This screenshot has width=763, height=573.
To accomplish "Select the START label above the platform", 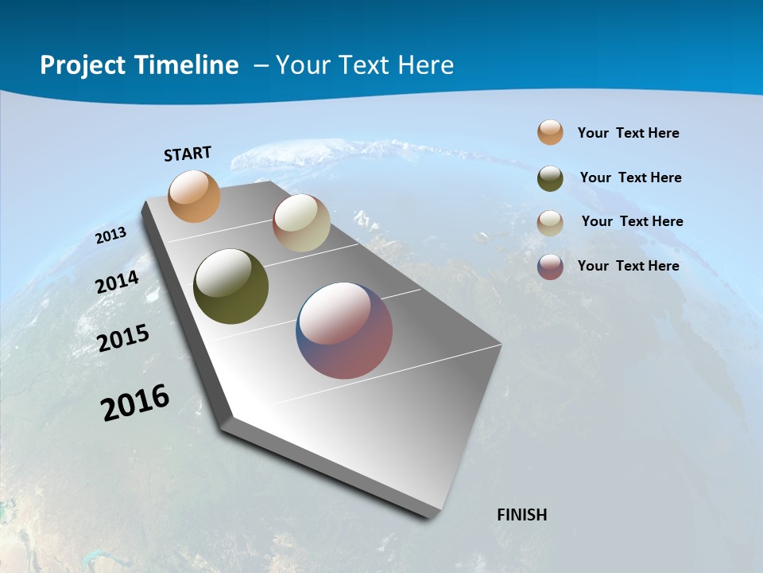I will point(188,154).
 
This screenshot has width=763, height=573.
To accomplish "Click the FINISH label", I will point(521,515).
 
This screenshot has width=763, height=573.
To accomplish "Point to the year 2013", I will point(111,236).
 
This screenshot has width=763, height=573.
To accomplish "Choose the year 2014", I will point(118,283).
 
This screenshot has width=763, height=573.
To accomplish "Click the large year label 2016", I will point(135,403).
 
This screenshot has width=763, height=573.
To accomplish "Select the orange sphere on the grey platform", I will point(194,196).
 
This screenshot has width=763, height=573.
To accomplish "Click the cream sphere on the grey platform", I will point(301,223).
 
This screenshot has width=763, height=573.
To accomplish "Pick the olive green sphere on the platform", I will point(230,287).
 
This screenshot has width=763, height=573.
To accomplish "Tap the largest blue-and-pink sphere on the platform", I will point(344,330).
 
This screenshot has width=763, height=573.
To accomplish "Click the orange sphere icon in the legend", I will point(550,133).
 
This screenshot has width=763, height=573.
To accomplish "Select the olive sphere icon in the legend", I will point(550,178).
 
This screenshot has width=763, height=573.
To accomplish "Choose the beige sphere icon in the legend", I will point(550,223).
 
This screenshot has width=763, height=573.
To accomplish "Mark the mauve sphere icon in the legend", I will point(550,267).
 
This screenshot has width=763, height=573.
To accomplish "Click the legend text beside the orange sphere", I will point(628,133).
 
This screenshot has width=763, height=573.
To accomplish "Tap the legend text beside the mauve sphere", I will point(628,266).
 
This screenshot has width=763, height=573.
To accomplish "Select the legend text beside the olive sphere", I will point(630,177).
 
